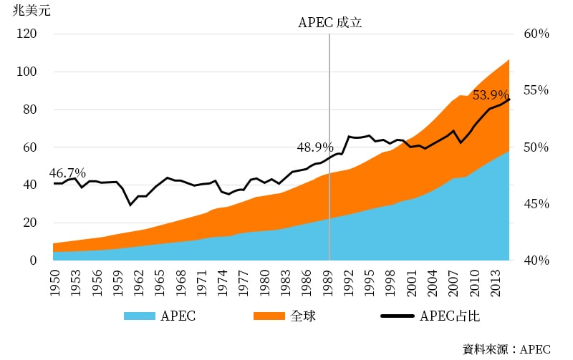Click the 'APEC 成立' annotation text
(330, 22)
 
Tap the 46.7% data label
(67, 173)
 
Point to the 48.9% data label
(315, 147)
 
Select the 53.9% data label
(491, 95)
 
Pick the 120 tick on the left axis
(28, 34)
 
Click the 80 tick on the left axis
(31, 110)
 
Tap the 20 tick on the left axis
(31, 223)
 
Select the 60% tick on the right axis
(535, 34)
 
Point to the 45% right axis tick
(535, 204)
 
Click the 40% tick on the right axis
(535, 261)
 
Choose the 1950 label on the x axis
(54, 279)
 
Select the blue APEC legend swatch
(138, 316)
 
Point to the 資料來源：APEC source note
(506, 349)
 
